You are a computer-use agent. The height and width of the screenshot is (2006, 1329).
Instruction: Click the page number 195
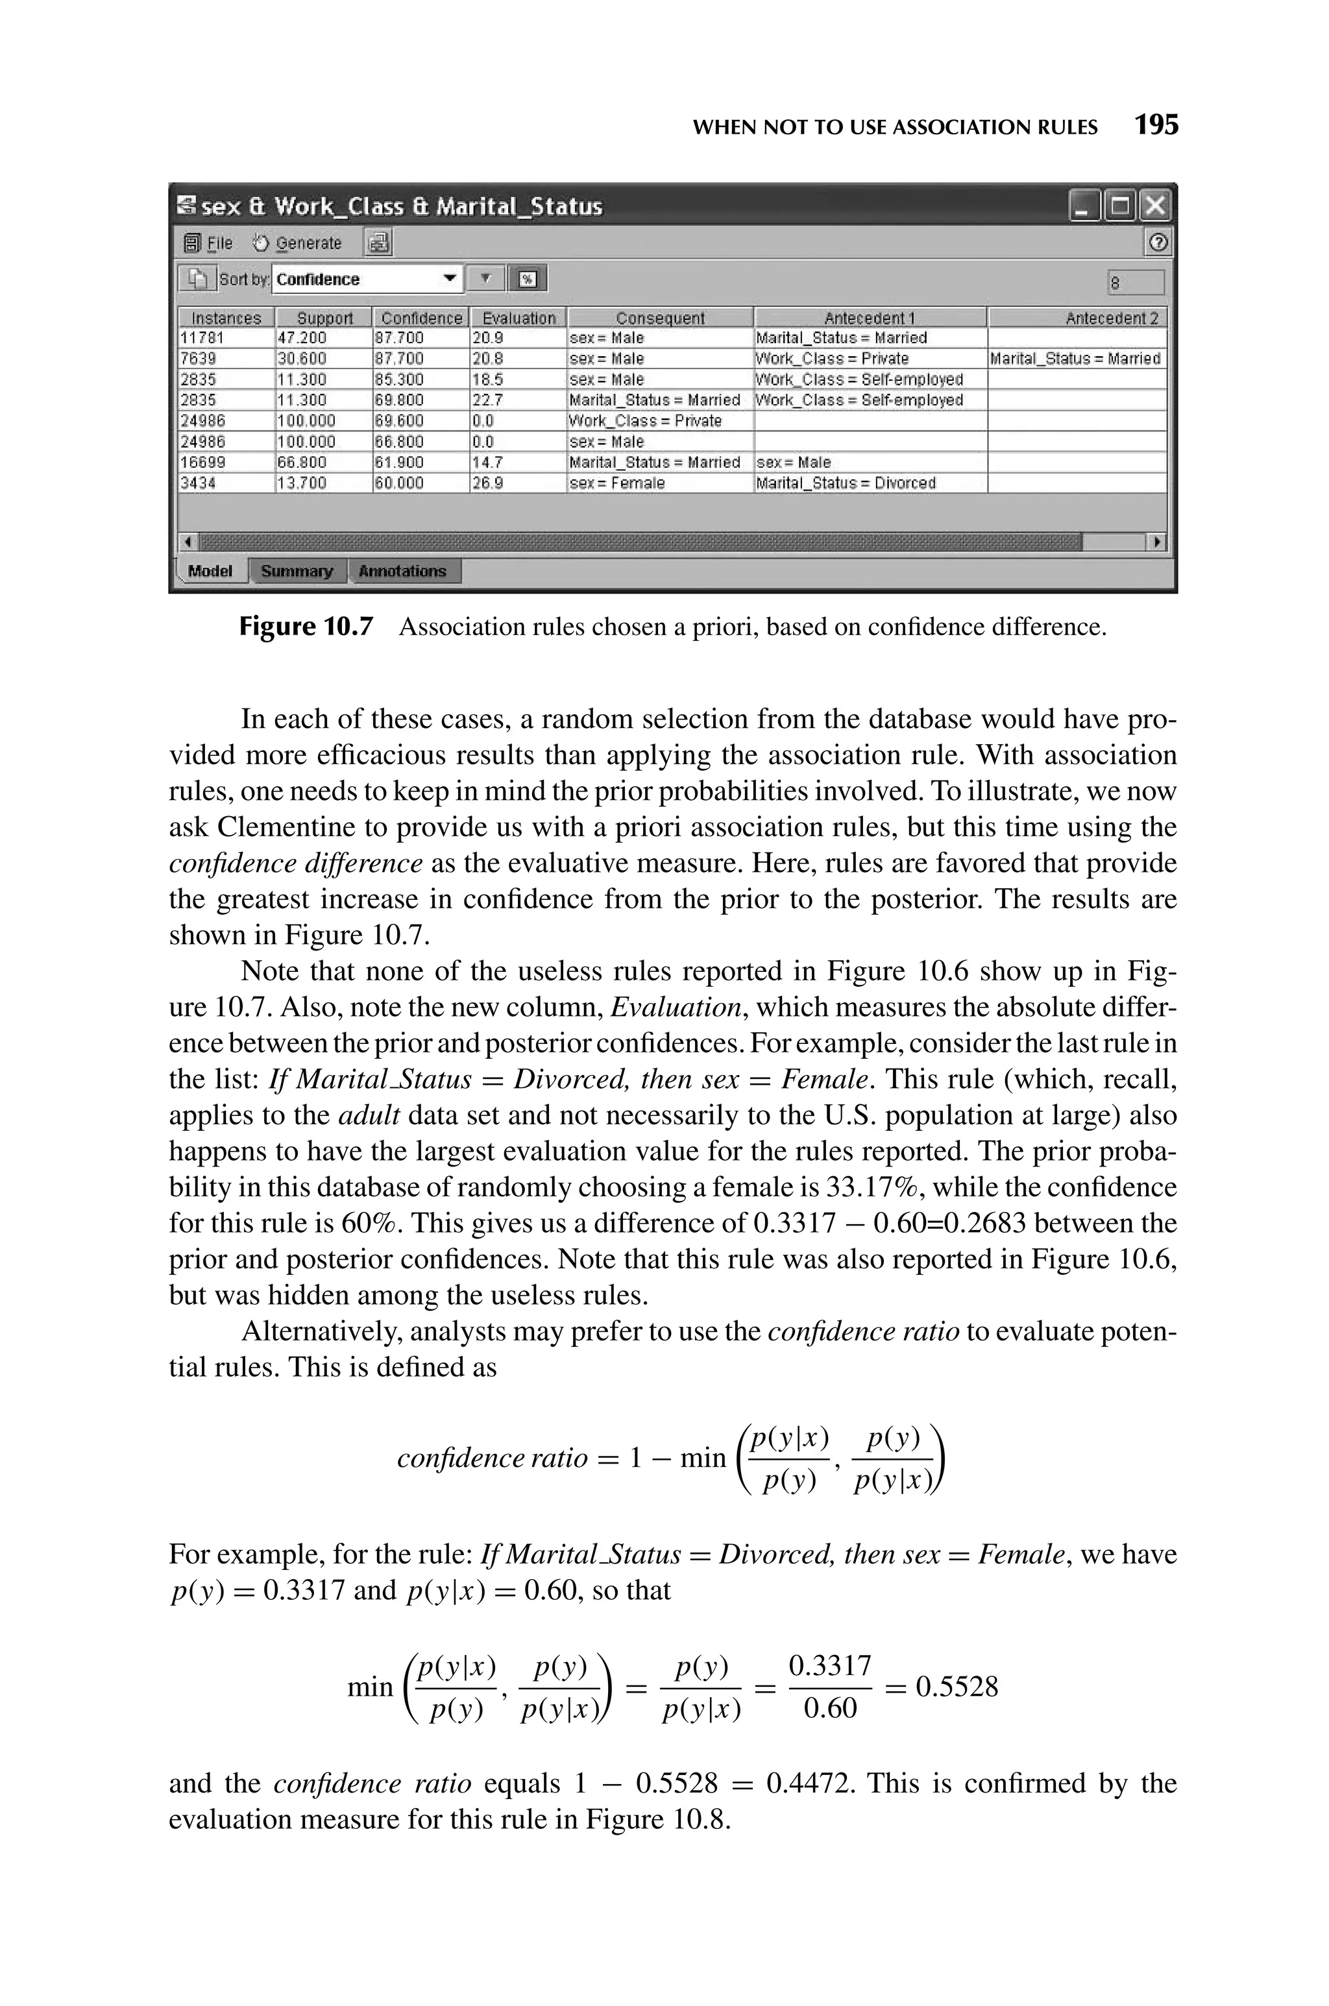click(1156, 125)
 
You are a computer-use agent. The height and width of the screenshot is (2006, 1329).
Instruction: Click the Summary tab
click(297, 571)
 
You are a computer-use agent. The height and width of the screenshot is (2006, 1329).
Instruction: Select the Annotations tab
click(402, 571)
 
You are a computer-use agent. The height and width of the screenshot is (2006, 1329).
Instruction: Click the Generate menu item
click(299, 243)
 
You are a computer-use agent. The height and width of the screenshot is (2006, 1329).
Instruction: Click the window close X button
click(1154, 206)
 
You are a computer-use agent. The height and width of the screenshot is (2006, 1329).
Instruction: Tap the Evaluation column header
click(518, 318)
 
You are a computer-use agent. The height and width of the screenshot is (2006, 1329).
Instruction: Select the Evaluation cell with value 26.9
click(487, 483)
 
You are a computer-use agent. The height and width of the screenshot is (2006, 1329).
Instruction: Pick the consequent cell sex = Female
click(617, 483)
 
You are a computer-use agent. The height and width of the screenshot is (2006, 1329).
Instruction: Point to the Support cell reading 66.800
click(302, 463)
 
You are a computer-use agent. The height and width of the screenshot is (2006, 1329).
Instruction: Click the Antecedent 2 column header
click(1111, 318)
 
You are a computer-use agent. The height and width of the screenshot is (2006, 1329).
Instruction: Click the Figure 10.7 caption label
click(305, 627)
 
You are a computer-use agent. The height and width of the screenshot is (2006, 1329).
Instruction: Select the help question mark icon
click(1158, 243)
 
